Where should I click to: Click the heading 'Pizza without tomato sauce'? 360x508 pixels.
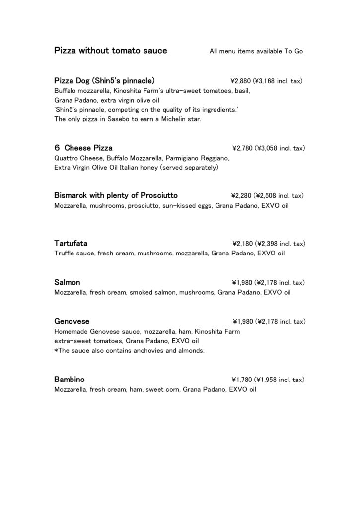[x=110, y=51]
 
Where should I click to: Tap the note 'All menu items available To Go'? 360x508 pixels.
[x=256, y=51]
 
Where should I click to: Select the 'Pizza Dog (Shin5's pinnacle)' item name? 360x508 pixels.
[x=104, y=80]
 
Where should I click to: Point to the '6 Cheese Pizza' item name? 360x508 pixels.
[x=83, y=148]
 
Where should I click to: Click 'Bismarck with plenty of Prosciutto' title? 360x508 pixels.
[x=116, y=195]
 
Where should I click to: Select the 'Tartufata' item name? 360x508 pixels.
[x=71, y=243]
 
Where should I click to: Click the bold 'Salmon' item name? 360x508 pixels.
[x=67, y=282]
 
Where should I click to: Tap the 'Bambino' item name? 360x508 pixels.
[x=69, y=379]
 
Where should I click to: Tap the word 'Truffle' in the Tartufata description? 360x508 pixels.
[x=64, y=254]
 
